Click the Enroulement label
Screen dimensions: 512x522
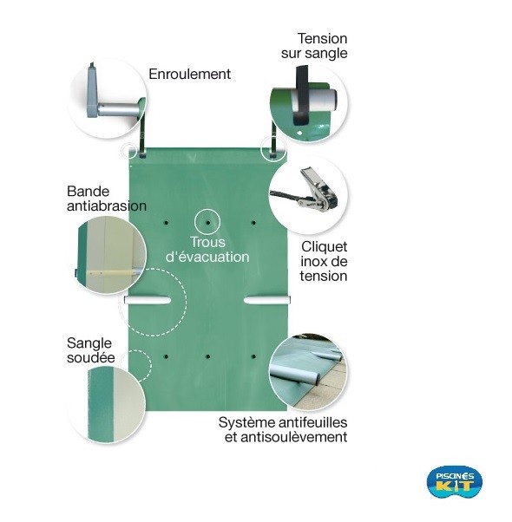point(189,74)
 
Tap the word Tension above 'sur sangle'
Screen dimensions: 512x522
point(322,39)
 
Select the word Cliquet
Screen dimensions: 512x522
point(325,246)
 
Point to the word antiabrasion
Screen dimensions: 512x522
point(107,206)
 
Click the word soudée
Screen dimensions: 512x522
point(90,357)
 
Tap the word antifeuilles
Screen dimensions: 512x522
point(312,422)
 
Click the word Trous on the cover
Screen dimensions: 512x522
point(207,242)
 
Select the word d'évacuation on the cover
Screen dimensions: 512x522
point(207,257)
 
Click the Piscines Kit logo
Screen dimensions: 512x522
point(455,482)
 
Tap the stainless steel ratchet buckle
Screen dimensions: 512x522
point(318,191)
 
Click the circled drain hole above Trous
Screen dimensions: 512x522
point(207,222)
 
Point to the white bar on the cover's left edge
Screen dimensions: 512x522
point(148,300)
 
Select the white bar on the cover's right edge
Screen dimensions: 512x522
point(267,300)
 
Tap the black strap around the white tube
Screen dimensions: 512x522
point(302,95)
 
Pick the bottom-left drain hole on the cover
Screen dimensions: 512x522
point(166,357)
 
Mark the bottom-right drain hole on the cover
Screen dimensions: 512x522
point(253,357)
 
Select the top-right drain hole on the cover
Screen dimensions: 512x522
point(253,222)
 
